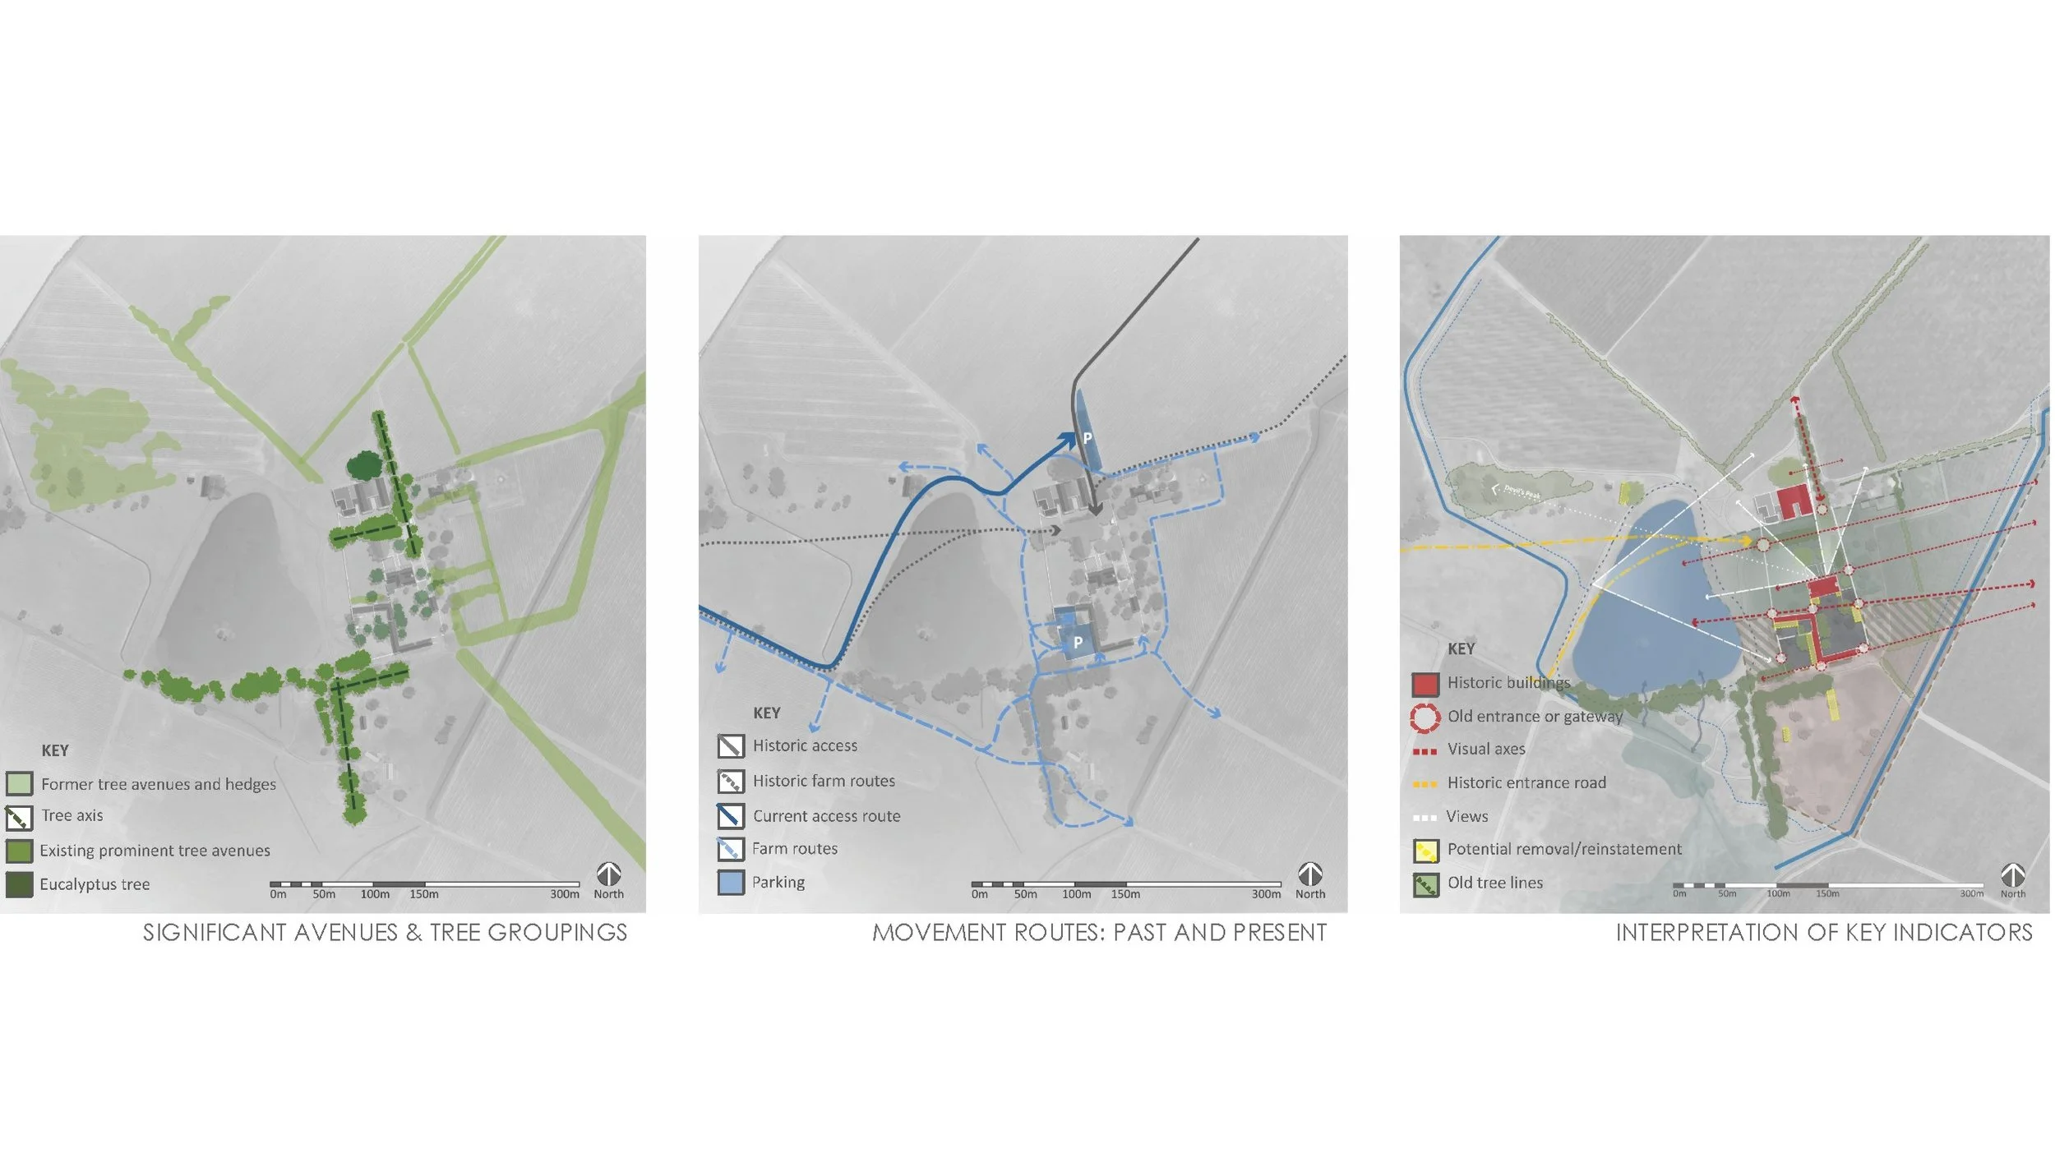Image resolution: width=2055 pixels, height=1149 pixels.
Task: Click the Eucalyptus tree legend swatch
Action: pyautogui.click(x=19, y=884)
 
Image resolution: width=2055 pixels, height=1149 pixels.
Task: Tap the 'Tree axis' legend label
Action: pyautogui.click(x=72, y=815)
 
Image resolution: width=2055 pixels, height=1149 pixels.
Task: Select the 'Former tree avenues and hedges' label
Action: pyautogui.click(x=159, y=784)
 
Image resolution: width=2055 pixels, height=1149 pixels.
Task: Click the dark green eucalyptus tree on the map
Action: pyautogui.click(x=363, y=467)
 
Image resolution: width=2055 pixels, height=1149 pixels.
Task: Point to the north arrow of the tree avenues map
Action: pyautogui.click(x=608, y=874)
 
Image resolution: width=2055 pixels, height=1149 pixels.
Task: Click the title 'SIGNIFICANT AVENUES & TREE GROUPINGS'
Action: pyautogui.click(x=385, y=932)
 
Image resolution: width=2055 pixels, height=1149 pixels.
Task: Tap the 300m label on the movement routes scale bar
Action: pyautogui.click(x=1266, y=894)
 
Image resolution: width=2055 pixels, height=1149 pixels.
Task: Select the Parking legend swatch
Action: pyautogui.click(x=731, y=883)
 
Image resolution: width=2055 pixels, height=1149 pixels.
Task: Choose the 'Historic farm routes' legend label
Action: pyautogui.click(x=824, y=781)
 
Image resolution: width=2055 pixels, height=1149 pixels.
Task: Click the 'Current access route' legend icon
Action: pyautogui.click(x=731, y=815)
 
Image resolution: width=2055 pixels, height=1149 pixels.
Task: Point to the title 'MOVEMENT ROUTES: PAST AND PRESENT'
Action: pyautogui.click(x=1099, y=932)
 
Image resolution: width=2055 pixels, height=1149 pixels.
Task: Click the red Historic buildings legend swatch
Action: pyautogui.click(x=1425, y=683)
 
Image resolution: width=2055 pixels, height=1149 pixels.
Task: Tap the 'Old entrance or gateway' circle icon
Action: pyautogui.click(x=1425, y=717)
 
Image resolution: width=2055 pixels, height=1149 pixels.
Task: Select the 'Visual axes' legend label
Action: pyautogui.click(x=1486, y=750)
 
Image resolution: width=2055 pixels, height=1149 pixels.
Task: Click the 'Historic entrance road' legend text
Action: pyautogui.click(x=1526, y=783)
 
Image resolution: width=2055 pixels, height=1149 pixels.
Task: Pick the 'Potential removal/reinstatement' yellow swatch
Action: pyautogui.click(x=1425, y=851)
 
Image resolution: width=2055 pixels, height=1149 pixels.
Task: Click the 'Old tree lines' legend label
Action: pyautogui.click(x=1495, y=883)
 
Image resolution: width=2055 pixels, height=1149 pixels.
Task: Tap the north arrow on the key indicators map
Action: pyautogui.click(x=2012, y=874)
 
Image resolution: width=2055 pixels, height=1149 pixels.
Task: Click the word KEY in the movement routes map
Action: pyautogui.click(x=767, y=713)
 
